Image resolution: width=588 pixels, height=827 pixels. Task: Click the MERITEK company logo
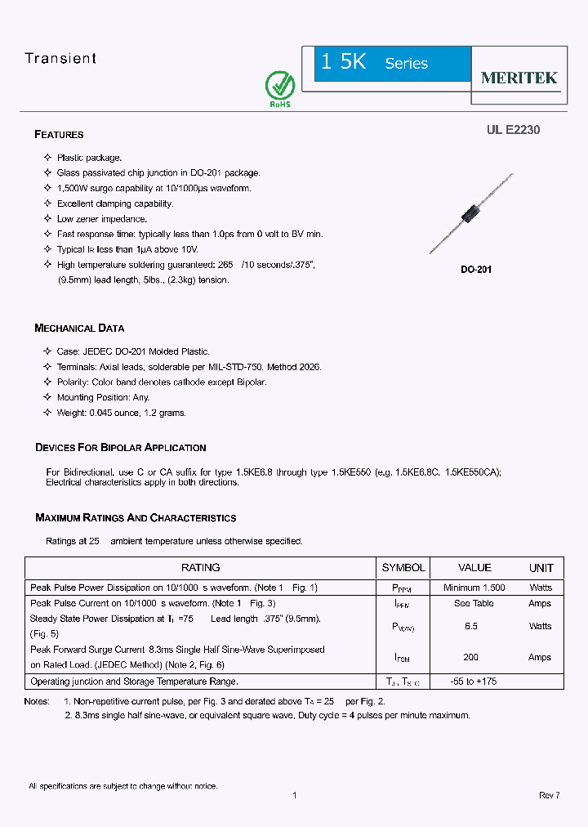pos(519,78)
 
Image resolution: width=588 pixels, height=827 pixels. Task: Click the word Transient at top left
pos(60,59)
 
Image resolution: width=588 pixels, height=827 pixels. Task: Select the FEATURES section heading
pos(59,135)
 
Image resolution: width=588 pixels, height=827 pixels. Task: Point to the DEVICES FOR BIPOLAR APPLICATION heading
pos(120,448)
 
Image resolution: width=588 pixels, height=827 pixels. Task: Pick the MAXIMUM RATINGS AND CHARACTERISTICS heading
pos(136,518)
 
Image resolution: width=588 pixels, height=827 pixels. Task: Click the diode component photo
pos(470,213)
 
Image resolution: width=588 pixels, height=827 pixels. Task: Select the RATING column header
pos(200,568)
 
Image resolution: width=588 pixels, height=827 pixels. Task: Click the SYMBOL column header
pos(403,568)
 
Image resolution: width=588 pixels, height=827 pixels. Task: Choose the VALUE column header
pos(474,568)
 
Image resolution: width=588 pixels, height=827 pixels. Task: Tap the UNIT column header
pos(541,568)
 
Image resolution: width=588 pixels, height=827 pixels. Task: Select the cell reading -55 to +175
pos(474,682)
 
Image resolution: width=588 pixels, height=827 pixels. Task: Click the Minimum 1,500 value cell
pos(474,588)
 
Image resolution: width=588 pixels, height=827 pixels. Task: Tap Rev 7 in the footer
pos(549,795)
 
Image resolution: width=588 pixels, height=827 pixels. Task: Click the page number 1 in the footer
pos(294,795)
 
